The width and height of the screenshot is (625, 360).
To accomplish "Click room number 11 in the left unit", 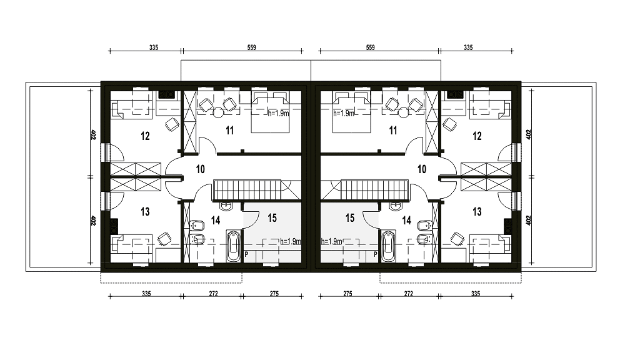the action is (229, 131).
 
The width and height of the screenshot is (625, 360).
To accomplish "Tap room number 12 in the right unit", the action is (477, 136).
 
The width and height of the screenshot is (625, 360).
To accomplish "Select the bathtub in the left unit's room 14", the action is (234, 246).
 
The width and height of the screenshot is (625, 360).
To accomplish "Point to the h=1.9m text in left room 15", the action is (290, 241).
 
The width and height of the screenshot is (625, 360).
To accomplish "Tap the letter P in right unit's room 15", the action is (375, 254).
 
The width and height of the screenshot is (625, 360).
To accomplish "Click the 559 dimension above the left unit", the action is (251, 47).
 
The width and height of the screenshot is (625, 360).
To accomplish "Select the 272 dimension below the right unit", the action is (408, 294).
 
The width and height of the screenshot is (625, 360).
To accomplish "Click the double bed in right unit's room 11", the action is (351, 112).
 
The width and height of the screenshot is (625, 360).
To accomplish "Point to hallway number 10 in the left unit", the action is (200, 169).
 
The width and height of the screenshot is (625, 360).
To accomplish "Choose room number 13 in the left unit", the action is (145, 211).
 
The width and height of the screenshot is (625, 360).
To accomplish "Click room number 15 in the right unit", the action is (350, 217).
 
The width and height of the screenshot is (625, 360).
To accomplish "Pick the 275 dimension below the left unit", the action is (274, 294).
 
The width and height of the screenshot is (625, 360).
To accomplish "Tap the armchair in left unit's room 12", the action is (172, 124).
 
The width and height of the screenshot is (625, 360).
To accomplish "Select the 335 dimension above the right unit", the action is (468, 47).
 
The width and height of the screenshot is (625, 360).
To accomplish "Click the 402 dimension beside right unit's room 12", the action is (529, 134).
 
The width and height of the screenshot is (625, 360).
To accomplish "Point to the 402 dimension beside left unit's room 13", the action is (92, 221).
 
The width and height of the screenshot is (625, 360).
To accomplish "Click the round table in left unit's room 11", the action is (218, 112).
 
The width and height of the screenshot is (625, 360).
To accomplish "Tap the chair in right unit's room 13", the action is (457, 239).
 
